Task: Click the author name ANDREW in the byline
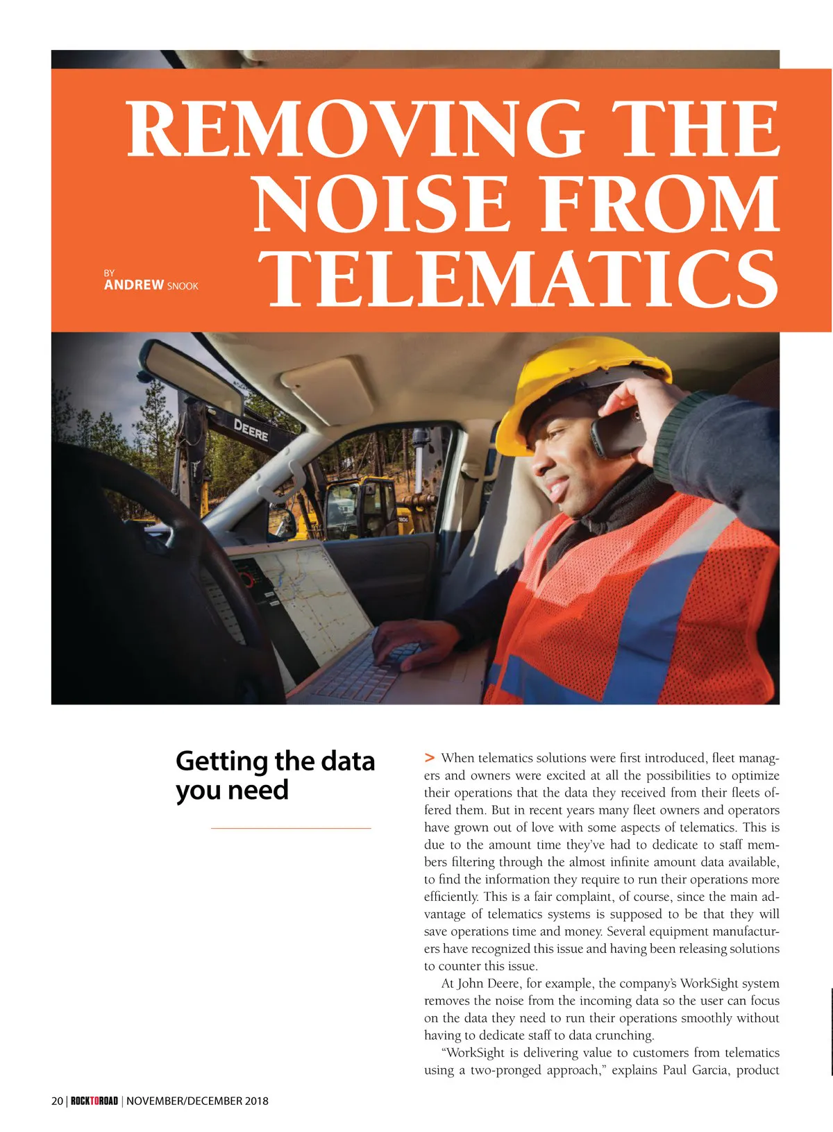point(134,285)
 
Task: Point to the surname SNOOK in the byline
point(183,287)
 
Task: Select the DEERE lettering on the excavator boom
point(251,430)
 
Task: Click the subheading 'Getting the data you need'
point(275,775)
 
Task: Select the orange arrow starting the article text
point(430,757)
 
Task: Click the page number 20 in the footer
point(57,1101)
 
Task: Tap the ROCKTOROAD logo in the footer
point(94,1101)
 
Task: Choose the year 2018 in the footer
point(256,1101)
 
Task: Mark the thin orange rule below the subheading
point(291,828)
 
